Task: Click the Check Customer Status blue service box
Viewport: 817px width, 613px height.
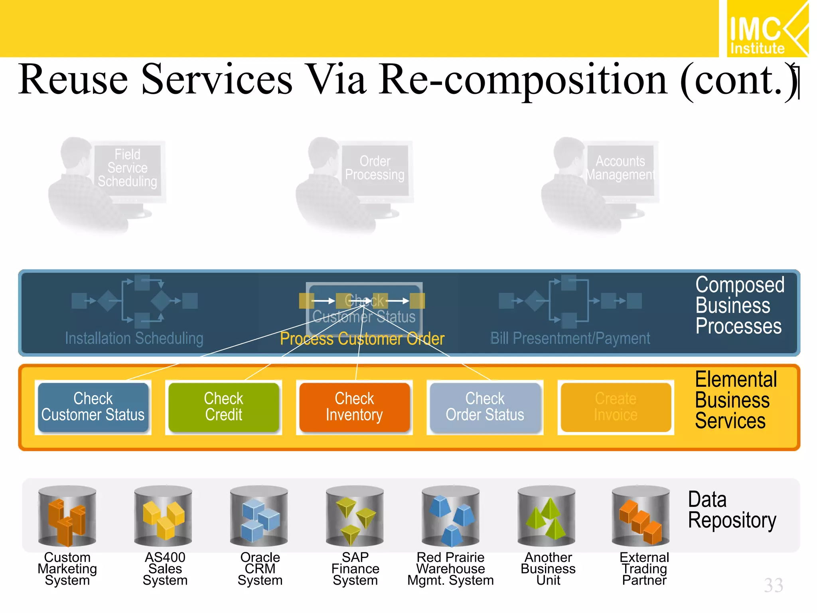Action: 93,407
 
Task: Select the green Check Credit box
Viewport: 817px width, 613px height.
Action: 223,407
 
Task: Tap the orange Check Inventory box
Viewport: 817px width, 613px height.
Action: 354,407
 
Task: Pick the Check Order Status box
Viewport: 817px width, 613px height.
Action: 485,407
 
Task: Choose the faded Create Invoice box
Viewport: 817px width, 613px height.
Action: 616,407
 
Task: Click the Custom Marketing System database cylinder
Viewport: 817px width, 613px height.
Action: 67,516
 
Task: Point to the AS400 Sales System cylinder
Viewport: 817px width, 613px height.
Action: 163,516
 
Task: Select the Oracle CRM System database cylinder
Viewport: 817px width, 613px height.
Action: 259,516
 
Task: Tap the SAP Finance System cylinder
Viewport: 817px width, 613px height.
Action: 355,516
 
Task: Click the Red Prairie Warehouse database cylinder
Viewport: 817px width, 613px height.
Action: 451,516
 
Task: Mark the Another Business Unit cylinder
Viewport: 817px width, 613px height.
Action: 547,516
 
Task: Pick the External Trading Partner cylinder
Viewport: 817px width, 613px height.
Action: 641,516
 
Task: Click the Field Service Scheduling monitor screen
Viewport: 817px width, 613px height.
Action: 128,168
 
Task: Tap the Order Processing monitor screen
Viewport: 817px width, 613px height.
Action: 375,168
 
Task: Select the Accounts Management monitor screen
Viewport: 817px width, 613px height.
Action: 620,168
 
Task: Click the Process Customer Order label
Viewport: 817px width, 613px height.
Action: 362,339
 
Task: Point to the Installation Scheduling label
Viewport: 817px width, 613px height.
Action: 134,338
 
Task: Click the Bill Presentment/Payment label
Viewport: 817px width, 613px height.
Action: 570,338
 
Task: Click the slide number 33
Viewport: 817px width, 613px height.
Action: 774,585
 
